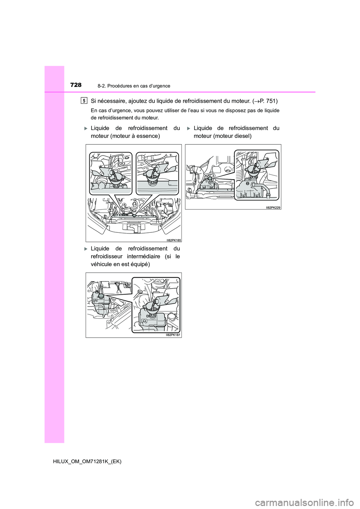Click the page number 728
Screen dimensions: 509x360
[x=75, y=85]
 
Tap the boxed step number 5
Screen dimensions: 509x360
[x=84, y=100]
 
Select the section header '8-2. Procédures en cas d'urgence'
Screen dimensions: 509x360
[x=136, y=86]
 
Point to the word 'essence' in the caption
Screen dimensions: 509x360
[x=148, y=136]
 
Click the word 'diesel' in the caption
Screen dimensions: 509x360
[x=241, y=136]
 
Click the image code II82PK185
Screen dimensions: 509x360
[x=174, y=240]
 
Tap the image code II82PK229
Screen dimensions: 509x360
[x=273, y=207]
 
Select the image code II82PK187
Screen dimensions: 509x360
[x=174, y=335]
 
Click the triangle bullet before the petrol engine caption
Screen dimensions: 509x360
[x=86, y=129]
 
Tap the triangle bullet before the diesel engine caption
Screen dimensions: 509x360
[x=189, y=129]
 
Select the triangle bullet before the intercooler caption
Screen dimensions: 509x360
[x=86, y=249]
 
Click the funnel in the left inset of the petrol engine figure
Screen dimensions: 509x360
[x=117, y=177]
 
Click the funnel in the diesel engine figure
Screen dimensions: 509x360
[x=254, y=171]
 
